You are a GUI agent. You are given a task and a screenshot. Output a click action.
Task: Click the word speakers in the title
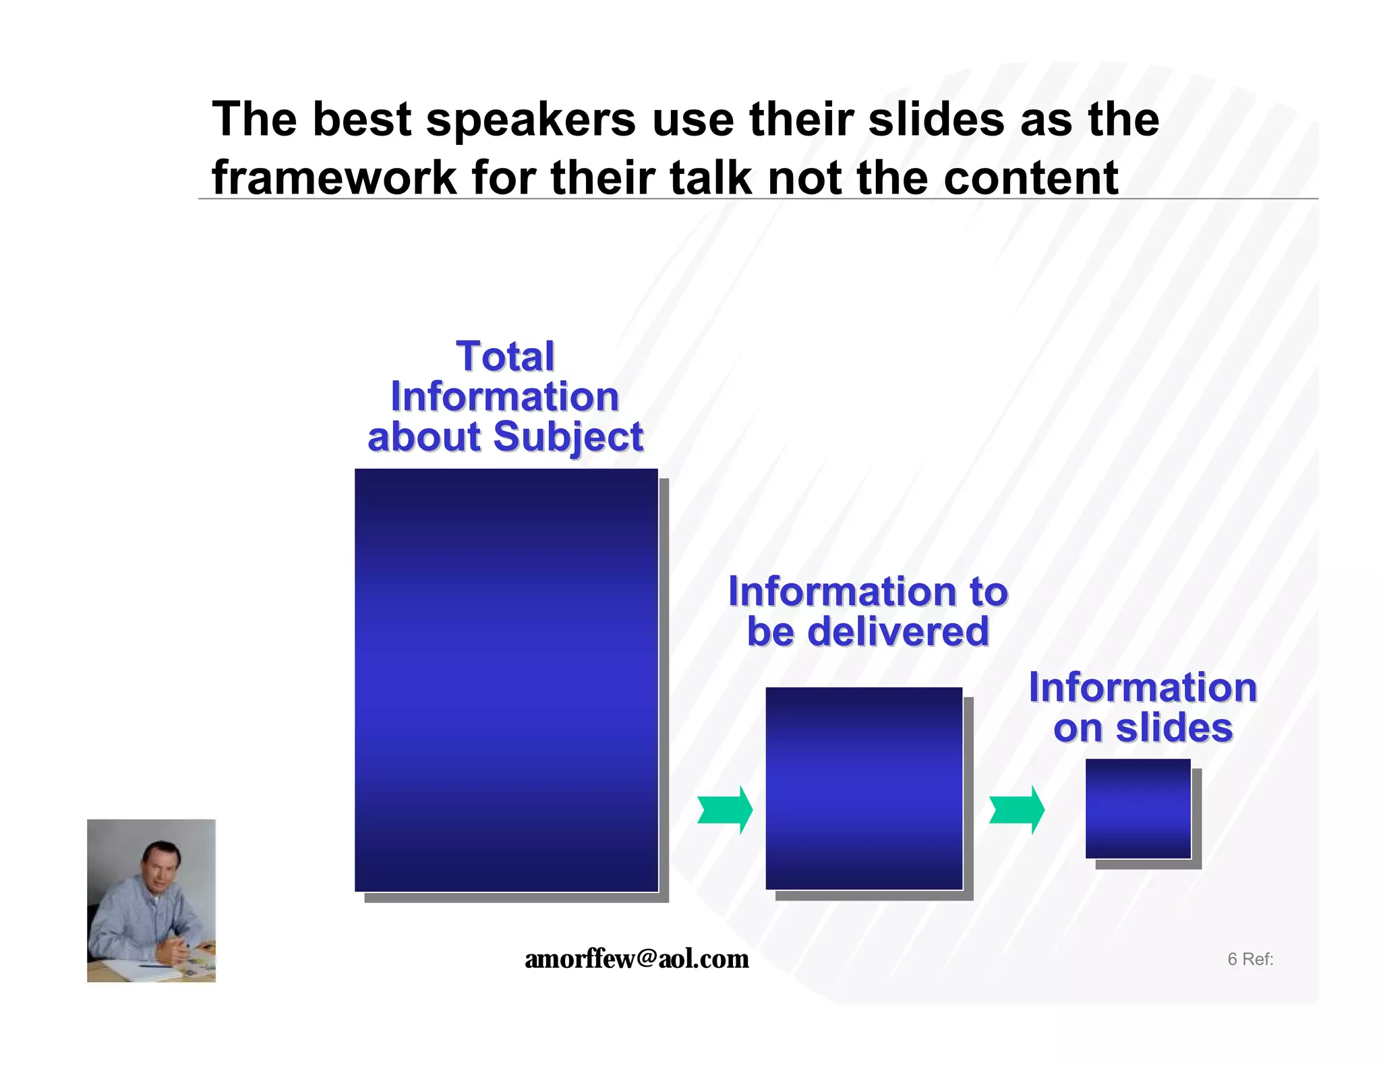(x=531, y=120)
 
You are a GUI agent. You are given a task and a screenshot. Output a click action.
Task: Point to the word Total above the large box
(x=505, y=356)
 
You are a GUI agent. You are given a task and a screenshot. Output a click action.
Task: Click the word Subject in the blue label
(x=568, y=437)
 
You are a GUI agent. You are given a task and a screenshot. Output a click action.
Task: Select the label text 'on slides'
(x=1143, y=728)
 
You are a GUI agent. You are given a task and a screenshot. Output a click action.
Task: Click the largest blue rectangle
(x=506, y=680)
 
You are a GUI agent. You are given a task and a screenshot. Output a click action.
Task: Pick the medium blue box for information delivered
(x=864, y=788)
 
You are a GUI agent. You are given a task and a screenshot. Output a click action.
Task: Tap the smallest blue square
(x=1138, y=808)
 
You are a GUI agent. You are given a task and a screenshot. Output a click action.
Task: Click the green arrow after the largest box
(x=726, y=809)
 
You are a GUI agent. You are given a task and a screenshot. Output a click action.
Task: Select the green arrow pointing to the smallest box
(x=1017, y=809)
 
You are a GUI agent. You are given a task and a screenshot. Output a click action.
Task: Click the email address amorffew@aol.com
(x=637, y=958)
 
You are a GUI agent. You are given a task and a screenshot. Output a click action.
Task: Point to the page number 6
(x=1232, y=959)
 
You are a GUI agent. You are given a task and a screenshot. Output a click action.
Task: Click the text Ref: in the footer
(x=1258, y=959)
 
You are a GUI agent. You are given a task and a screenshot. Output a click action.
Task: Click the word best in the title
(x=361, y=120)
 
